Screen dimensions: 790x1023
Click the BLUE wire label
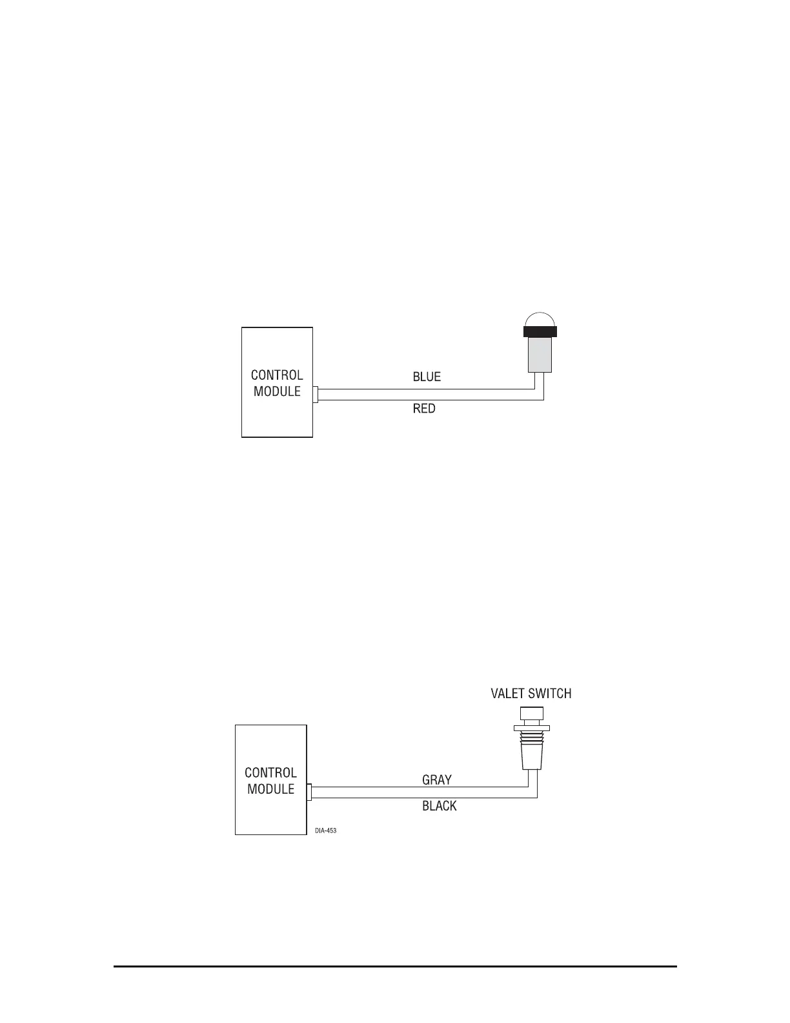(427, 377)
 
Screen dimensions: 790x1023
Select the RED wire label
(424, 409)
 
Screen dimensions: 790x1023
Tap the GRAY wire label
(437, 780)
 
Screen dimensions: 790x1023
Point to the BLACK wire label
(440, 806)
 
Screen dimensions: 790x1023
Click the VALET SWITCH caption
(531, 694)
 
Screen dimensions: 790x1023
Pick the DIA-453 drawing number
(326, 831)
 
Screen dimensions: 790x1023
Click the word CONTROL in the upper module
(277, 375)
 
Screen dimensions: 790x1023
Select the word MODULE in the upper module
(277, 391)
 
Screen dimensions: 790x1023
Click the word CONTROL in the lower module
(270, 772)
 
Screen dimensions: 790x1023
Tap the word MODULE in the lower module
(270, 789)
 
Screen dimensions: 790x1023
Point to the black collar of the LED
(540, 332)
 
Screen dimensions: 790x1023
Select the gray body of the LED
(540, 355)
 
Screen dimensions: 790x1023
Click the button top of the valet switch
(531, 714)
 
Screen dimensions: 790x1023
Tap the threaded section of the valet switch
(531, 739)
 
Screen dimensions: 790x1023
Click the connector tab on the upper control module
(316, 395)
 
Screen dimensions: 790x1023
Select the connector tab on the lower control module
(309, 792)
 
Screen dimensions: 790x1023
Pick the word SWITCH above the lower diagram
(550, 694)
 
